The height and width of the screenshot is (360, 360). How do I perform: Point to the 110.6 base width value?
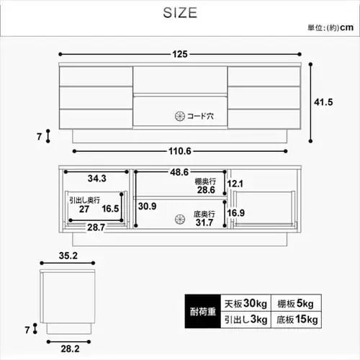181,151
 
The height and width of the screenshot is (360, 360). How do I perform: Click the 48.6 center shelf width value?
180,173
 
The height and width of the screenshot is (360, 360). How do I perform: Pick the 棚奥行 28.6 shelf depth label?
208,186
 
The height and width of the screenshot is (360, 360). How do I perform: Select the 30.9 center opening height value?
147,206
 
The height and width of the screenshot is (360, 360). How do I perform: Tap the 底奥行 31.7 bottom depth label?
208,217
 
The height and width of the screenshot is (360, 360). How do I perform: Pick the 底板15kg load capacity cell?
296,319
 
